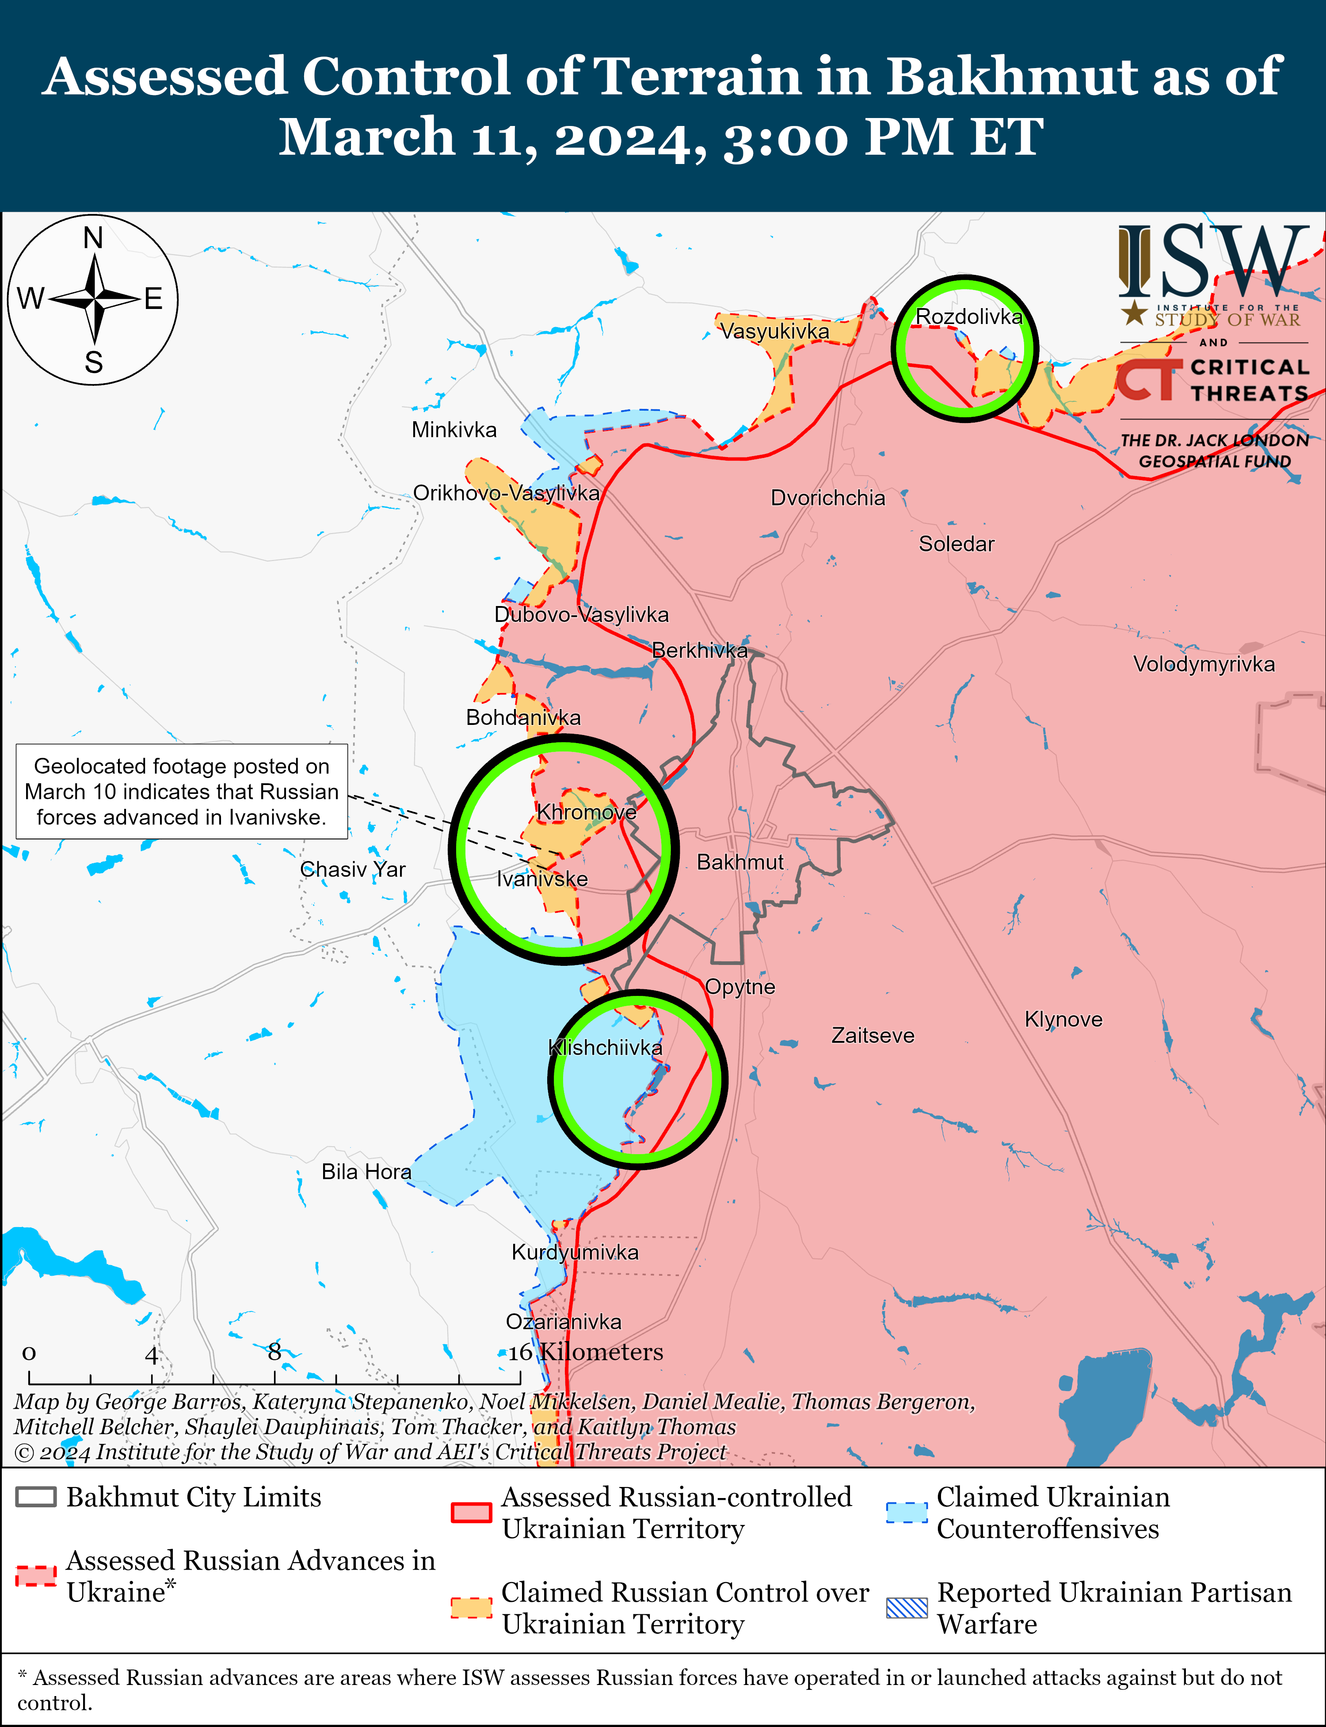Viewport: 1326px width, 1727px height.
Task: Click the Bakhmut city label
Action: [x=739, y=862]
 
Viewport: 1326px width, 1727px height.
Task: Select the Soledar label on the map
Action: [x=956, y=544]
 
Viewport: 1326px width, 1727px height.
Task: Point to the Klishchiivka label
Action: [x=606, y=1048]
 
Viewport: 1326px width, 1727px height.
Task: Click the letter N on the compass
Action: [x=93, y=237]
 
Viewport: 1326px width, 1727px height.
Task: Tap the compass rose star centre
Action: [x=94, y=299]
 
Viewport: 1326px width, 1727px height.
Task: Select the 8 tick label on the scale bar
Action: [x=274, y=1352]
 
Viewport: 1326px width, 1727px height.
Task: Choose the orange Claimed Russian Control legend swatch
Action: [x=471, y=1608]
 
